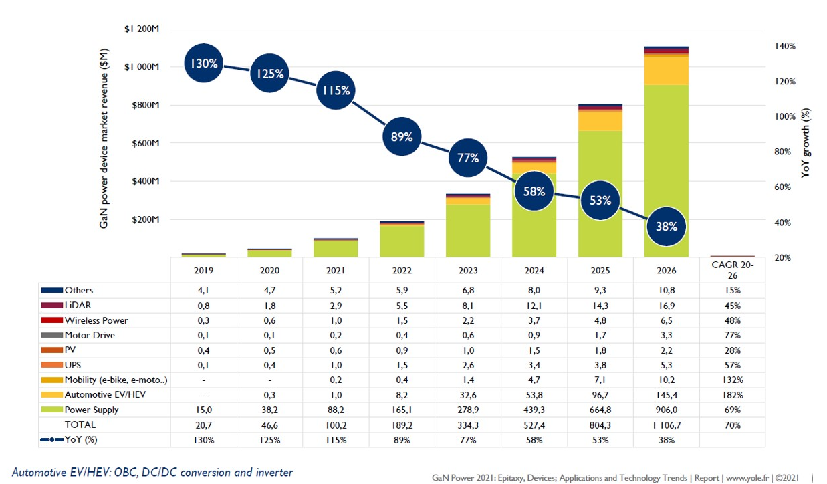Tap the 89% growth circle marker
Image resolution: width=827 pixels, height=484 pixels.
coord(402,138)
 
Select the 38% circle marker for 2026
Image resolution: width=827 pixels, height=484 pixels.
coord(666,227)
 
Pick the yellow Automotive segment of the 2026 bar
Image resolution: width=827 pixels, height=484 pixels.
coord(666,71)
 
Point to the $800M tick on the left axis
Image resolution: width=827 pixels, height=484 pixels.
coord(143,105)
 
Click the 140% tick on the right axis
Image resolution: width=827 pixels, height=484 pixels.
coord(785,46)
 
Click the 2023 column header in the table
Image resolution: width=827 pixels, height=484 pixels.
coord(468,271)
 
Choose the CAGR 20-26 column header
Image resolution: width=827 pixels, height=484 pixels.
coord(732,270)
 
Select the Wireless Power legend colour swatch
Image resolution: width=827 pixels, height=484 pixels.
coord(51,320)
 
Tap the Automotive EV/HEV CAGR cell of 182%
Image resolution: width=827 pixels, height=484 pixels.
coord(732,395)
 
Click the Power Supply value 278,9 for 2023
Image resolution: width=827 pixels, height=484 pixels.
coord(468,410)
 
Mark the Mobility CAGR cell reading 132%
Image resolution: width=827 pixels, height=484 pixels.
coord(732,380)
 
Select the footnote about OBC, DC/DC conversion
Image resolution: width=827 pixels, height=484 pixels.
coord(152,472)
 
